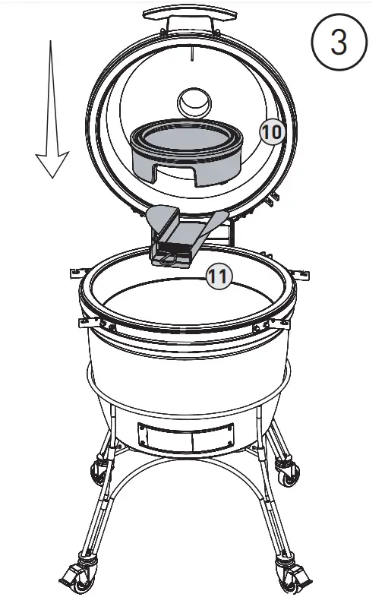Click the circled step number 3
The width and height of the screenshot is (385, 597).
pos(339,43)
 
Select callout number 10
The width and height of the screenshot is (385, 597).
pos(271,131)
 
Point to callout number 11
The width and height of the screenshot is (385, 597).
pos(218,277)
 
